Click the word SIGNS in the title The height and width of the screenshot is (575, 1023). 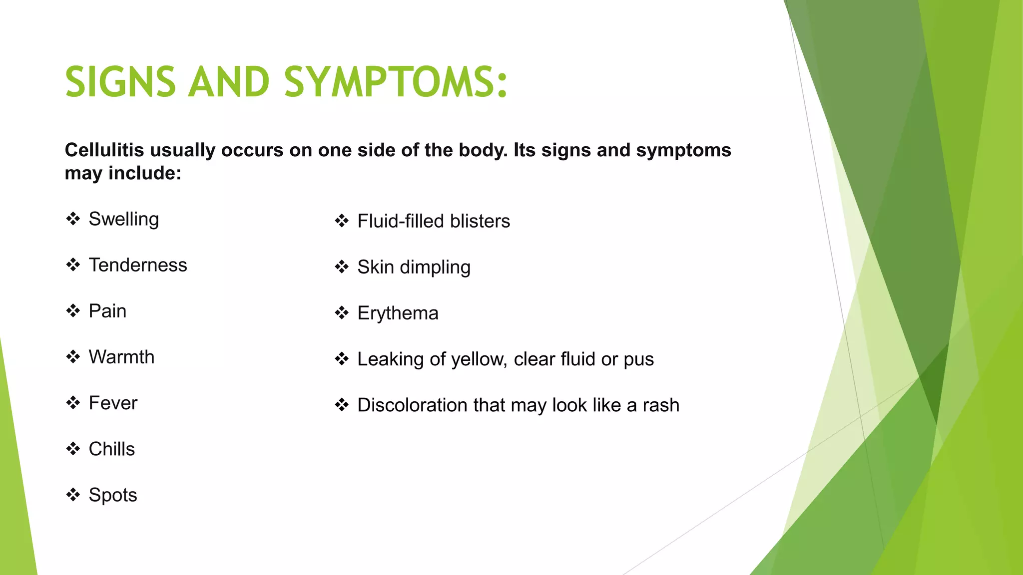[x=120, y=82]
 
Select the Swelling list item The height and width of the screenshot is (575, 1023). [x=123, y=220]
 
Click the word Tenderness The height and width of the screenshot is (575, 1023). [x=137, y=265]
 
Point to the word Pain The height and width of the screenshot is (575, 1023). [x=107, y=311]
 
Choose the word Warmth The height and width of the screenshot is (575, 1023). [x=121, y=357]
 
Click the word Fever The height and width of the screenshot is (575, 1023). [x=113, y=403]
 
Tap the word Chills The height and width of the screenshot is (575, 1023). [x=111, y=449]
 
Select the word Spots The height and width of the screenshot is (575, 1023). [x=112, y=495]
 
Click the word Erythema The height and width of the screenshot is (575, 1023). [x=398, y=313]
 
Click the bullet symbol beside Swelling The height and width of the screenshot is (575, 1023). [x=73, y=219]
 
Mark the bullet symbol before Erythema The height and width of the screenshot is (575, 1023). [x=342, y=313]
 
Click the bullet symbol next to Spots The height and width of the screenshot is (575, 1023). [x=73, y=495]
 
